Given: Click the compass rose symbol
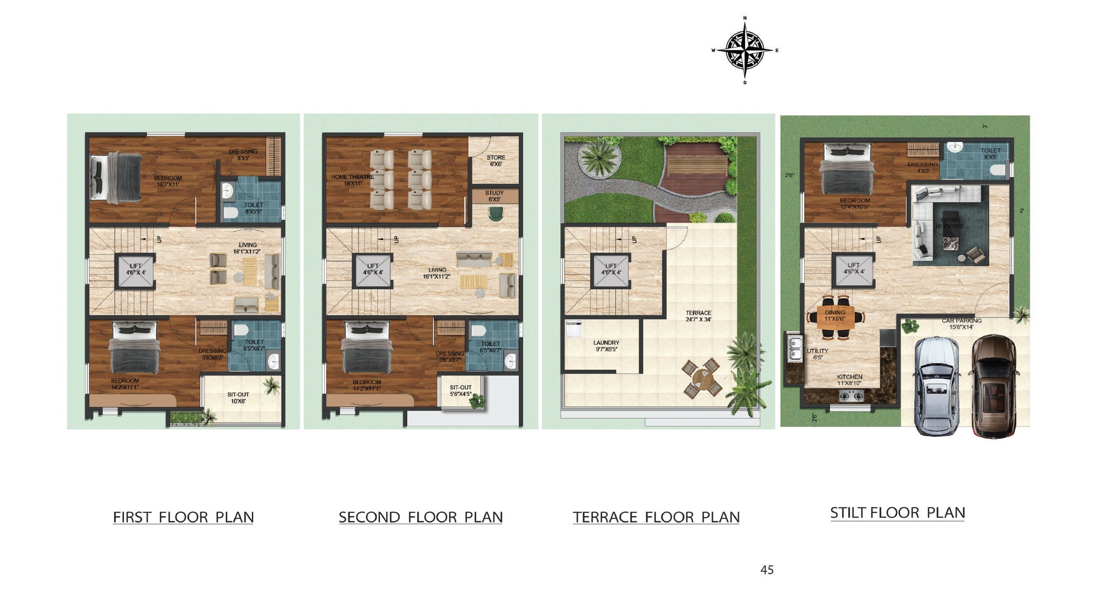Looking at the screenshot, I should (x=745, y=50).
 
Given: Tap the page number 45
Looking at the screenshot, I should (x=767, y=570).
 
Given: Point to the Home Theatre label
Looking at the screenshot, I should (x=353, y=180).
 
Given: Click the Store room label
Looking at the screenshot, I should (x=496, y=160).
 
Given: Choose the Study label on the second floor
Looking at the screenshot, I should (x=495, y=196).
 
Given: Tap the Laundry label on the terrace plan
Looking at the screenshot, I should (x=606, y=346).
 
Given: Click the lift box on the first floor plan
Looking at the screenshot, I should (x=135, y=272).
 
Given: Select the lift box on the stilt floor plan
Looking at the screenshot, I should (x=854, y=271).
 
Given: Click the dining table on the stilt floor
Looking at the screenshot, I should (x=835, y=318).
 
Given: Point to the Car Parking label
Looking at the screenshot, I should (x=962, y=324).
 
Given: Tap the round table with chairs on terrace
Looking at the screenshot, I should (x=702, y=378).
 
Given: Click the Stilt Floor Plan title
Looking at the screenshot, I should (x=897, y=513).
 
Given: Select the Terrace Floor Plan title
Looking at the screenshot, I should (x=656, y=517).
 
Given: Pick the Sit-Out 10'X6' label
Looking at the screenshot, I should (x=238, y=398).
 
